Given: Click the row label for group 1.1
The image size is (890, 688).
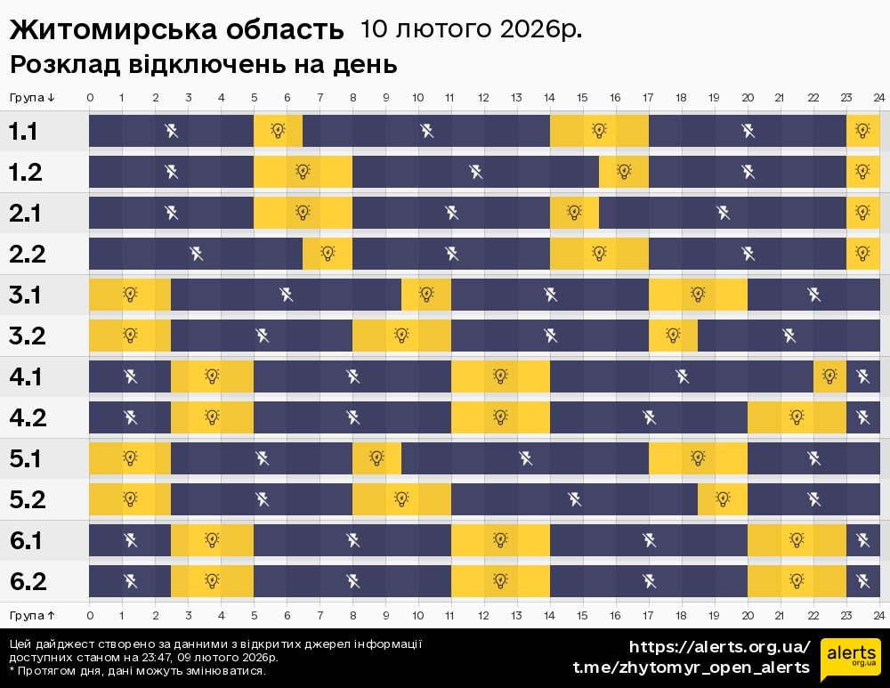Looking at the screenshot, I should point(24,132).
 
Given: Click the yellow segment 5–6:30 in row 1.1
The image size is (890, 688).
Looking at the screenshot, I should point(278,132).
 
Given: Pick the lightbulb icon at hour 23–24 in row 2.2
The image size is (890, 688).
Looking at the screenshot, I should point(862,254).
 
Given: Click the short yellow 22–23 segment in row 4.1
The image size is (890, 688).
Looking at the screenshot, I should point(829,376).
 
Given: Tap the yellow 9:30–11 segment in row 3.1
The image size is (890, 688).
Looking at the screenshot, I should point(426,295).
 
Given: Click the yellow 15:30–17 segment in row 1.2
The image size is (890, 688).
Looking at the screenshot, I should point(624,172).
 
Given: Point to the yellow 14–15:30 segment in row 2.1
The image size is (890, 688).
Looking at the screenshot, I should point(574,213).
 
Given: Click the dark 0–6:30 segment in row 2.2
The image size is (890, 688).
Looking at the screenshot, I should point(196,254).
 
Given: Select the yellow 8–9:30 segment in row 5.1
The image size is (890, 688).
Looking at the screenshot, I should point(376,458).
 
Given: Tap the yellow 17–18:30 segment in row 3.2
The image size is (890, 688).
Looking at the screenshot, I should point(673,336).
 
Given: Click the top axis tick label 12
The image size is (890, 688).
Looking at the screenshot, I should point(483,98).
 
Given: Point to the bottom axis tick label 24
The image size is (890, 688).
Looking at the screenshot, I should point(878,615).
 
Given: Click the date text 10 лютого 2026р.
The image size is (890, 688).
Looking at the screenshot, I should point(471,29).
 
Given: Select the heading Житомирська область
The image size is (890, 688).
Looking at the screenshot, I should point(176,30).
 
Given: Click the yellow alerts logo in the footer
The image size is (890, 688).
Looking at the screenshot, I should point(850,660).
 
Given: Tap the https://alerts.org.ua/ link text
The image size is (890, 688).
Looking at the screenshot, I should point(719,646).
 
